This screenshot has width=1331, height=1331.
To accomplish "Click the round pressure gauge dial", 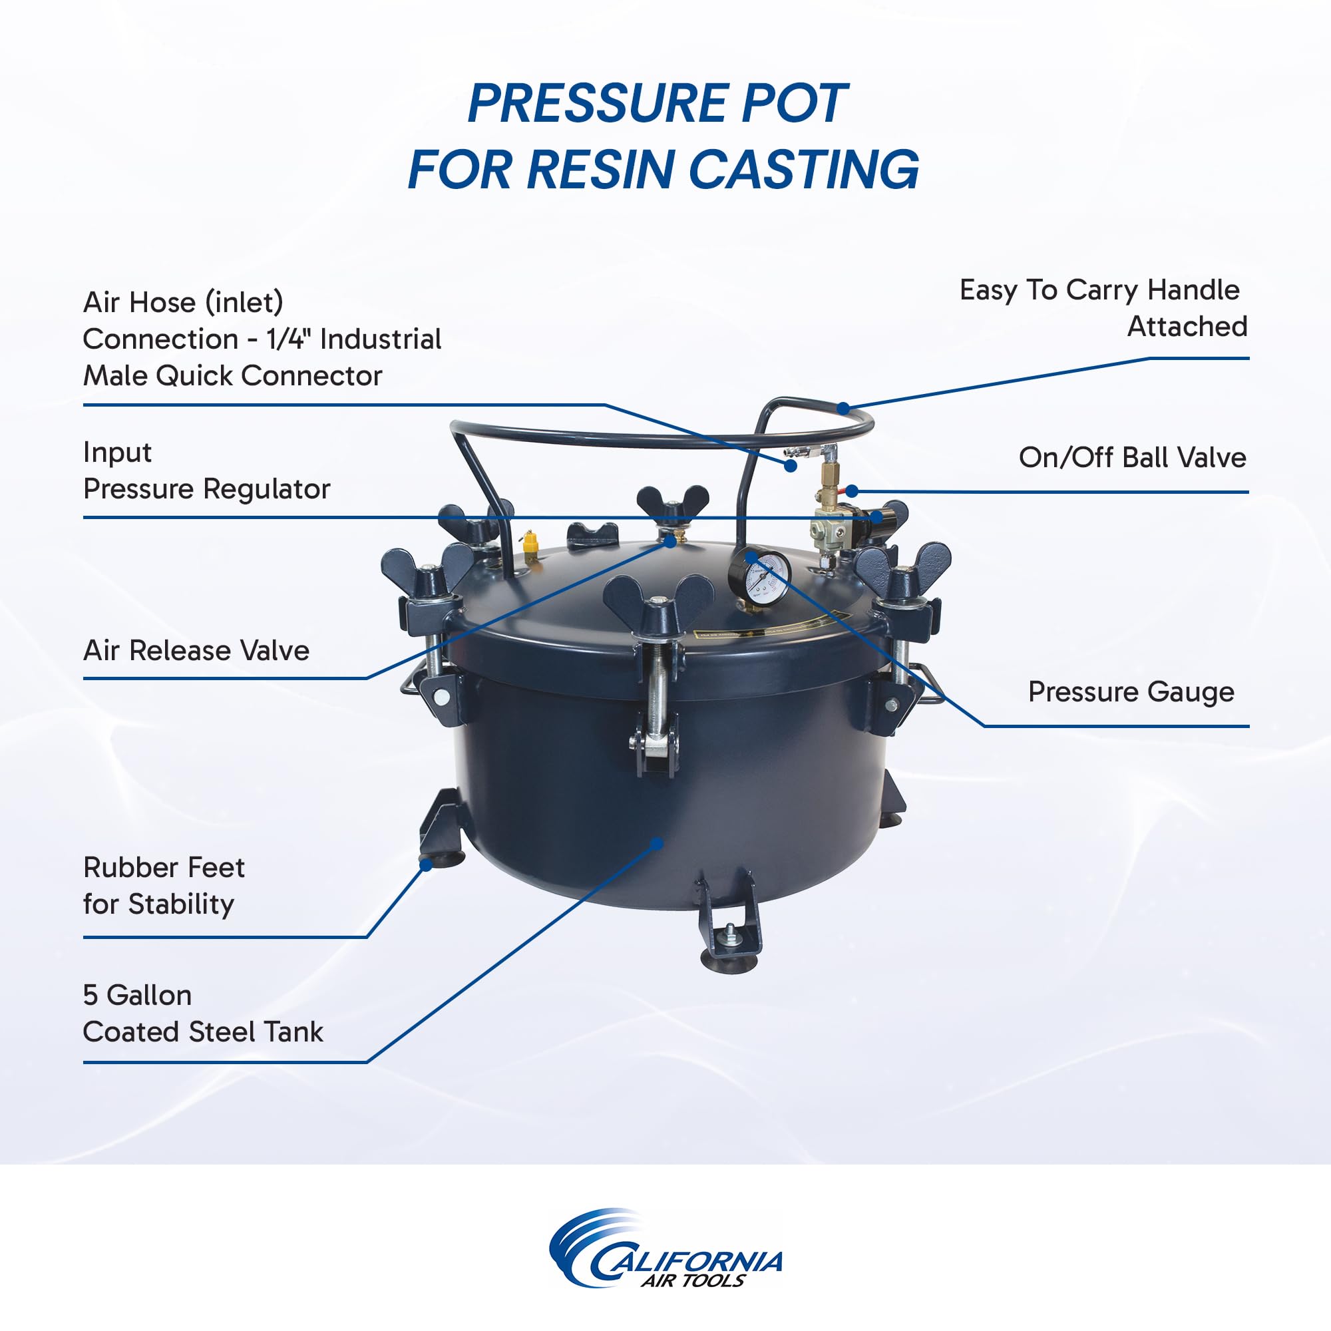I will tap(760, 576).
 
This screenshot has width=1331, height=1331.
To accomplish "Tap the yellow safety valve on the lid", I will tap(529, 544).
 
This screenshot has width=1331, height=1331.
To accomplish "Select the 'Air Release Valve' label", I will tap(196, 650).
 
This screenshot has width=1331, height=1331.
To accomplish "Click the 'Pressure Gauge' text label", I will tap(1131, 691).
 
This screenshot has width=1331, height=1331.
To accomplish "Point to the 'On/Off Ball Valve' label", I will tap(1132, 457).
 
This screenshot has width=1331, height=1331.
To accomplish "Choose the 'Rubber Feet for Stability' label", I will tap(163, 885).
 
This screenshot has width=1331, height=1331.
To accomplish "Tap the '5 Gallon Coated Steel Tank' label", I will tap(202, 1014).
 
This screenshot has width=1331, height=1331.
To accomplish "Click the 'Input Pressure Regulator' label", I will tap(207, 471).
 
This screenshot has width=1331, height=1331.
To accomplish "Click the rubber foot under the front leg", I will tap(728, 958).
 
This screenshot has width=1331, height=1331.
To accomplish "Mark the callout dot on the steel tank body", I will tap(658, 843).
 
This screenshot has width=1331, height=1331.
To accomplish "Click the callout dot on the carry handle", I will tap(843, 408).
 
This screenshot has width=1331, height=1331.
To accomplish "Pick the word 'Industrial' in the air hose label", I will tap(380, 339).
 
